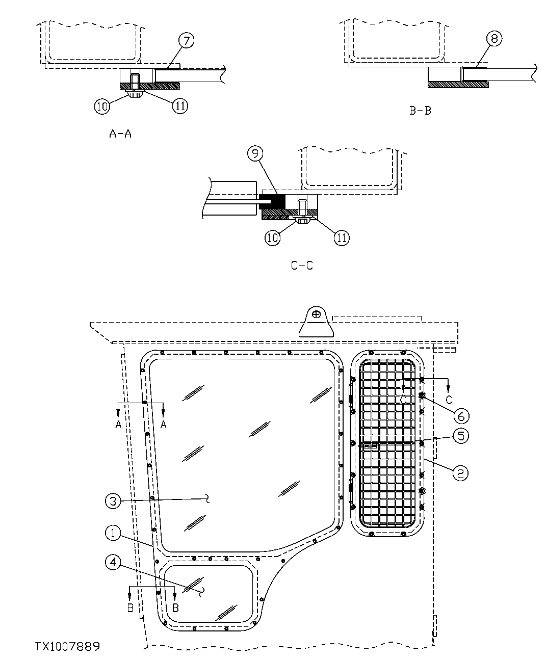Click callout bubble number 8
pyautogui.click(x=494, y=39)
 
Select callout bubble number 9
pyautogui.click(x=255, y=152)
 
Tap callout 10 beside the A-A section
pyautogui.click(x=102, y=106)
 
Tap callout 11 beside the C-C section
pyautogui.click(x=341, y=237)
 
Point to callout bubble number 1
pyautogui.click(x=113, y=534)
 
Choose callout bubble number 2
pyautogui.click(x=460, y=473)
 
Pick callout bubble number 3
pyautogui.click(x=113, y=501)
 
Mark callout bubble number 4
pyautogui.click(x=113, y=562)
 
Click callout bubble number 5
pyautogui.click(x=460, y=436)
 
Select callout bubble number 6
pyautogui.click(x=460, y=416)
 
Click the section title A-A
pyautogui.click(x=121, y=134)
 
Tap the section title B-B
pyautogui.click(x=420, y=110)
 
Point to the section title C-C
pyautogui.click(x=302, y=266)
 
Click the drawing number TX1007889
pyautogui.click(x=67, y=647)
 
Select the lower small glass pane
pyautogui.click(x=209, y=594)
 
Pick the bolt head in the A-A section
pyautogui.click(x=135, y=94)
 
